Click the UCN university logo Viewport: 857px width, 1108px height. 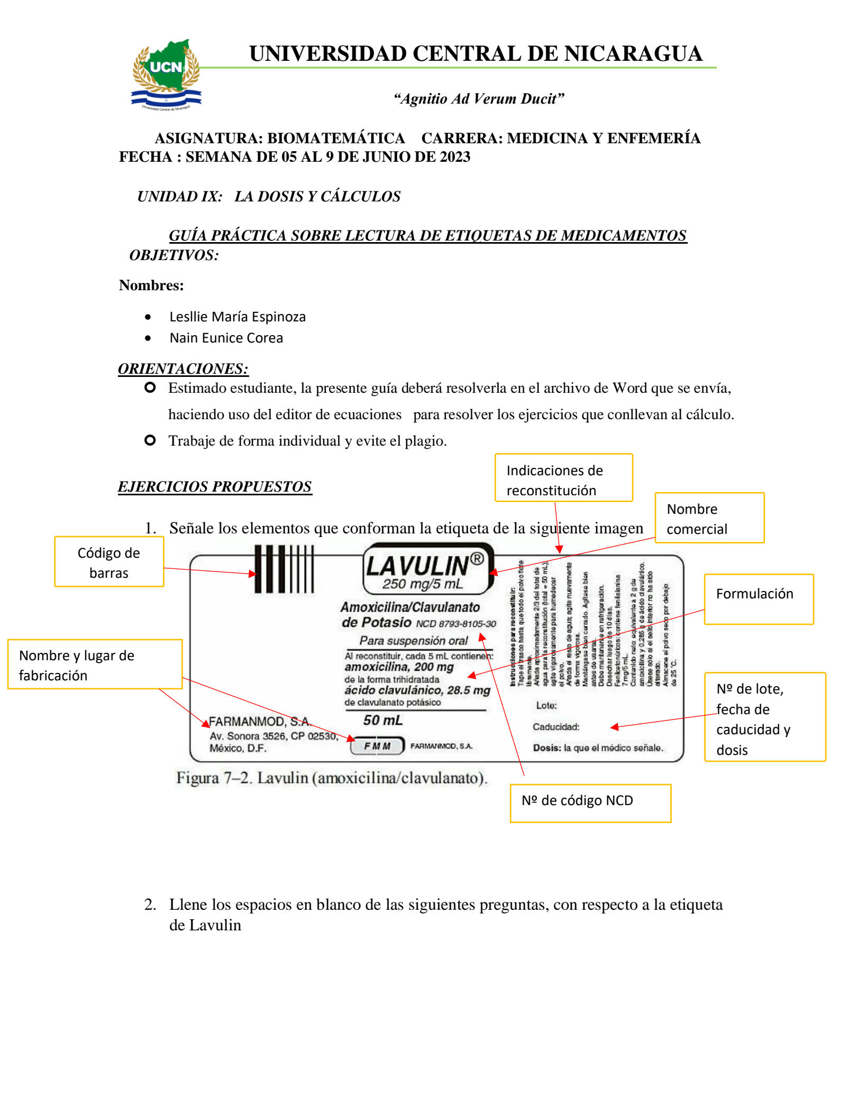[x=166, y=74]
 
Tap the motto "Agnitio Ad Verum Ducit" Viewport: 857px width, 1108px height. [x=478, y=99]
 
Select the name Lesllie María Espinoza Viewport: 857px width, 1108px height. [x=238, y=317]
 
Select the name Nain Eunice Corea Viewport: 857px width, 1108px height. [x=226, y=338]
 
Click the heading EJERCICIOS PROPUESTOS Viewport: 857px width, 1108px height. [x=215, y=486]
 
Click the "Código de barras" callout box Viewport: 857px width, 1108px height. [x=109, y=562]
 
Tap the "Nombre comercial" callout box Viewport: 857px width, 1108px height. [x=709, y=518]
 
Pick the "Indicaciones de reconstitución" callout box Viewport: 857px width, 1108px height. [x=563, y=478]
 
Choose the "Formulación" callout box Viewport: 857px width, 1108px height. [x=758, y=599]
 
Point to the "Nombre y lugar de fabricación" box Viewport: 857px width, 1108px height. [x=95, y=664]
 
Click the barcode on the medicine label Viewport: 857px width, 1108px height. [x=284, y=569]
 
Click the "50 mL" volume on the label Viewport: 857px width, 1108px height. [x=383, y=720]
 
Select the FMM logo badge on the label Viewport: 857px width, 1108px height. [x=377, y=746]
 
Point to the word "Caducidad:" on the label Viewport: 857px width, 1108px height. [x=556, y=727]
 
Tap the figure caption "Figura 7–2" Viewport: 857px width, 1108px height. [x=332, y=778]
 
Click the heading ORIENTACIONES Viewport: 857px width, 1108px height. [x=183, y=368]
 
